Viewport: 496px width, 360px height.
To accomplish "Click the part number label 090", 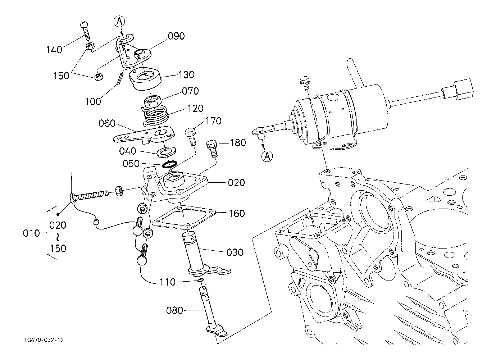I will point(176,36).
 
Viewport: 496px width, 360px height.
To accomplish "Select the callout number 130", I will point(186,75).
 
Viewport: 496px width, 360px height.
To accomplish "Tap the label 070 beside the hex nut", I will point(190,91).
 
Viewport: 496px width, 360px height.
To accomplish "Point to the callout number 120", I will point(195,108).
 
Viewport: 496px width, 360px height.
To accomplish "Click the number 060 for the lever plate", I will point(107,124).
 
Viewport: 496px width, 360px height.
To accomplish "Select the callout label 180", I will point(238,143).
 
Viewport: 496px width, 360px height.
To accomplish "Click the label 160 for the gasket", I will point(236,213).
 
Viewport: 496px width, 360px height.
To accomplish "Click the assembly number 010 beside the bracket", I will point(31,233).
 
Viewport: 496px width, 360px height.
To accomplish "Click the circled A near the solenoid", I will point(267,156).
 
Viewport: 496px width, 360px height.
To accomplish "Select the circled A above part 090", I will point(120,22).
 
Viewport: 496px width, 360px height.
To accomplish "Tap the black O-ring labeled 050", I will point(169,164).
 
